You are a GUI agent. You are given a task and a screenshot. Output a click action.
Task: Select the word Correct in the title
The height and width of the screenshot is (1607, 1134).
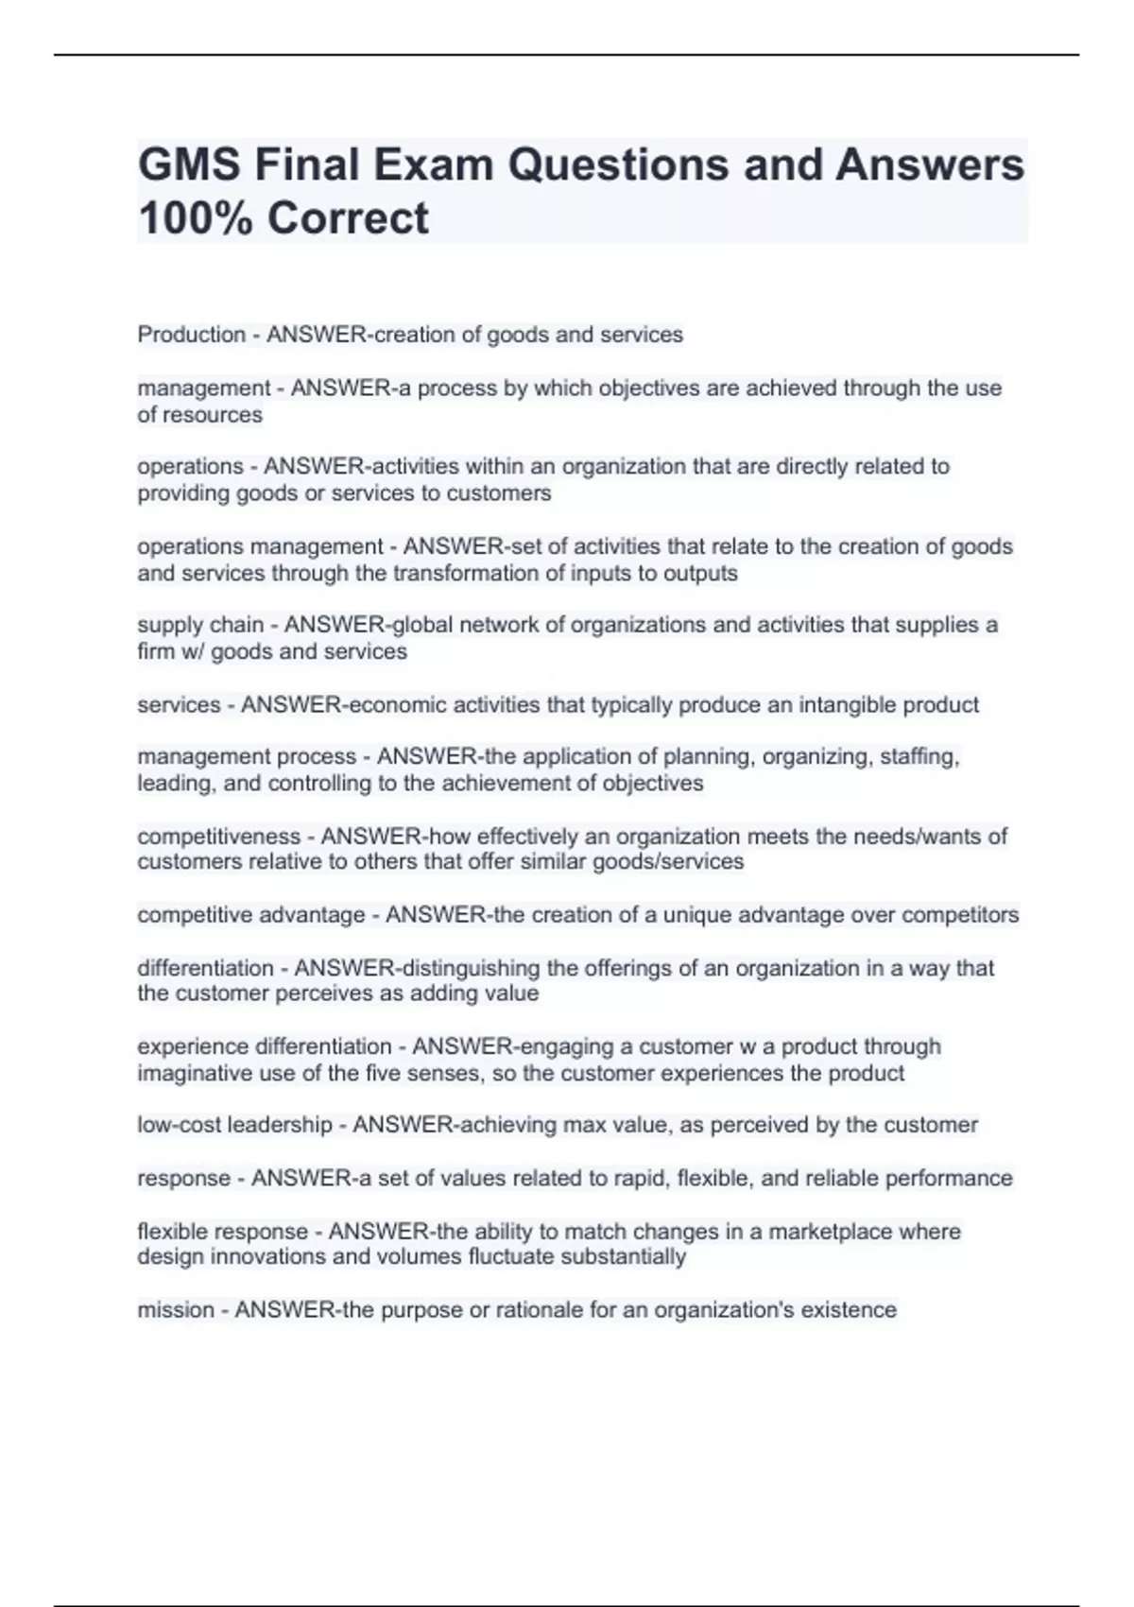[347, 218]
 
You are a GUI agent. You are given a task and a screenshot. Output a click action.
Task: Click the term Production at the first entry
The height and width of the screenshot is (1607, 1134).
[191, 335]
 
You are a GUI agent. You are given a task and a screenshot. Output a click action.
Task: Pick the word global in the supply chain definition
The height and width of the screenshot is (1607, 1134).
[415, 625]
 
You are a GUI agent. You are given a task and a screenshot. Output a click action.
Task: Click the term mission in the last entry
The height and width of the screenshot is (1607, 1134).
[175, 1310]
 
